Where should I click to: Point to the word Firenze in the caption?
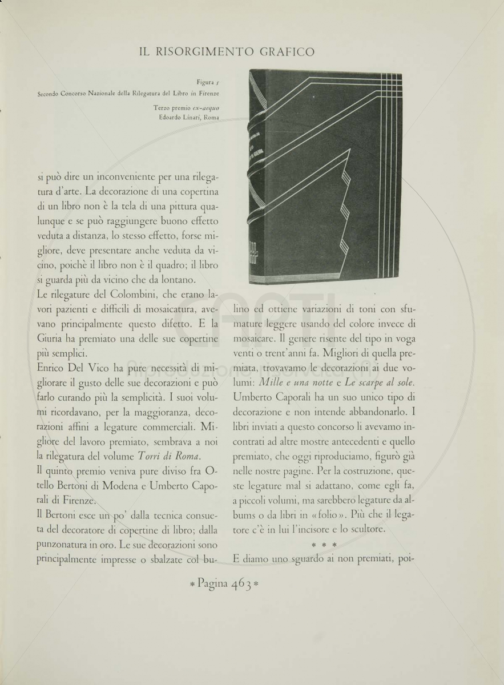coord(208,92)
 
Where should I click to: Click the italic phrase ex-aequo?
coord(204,108)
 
